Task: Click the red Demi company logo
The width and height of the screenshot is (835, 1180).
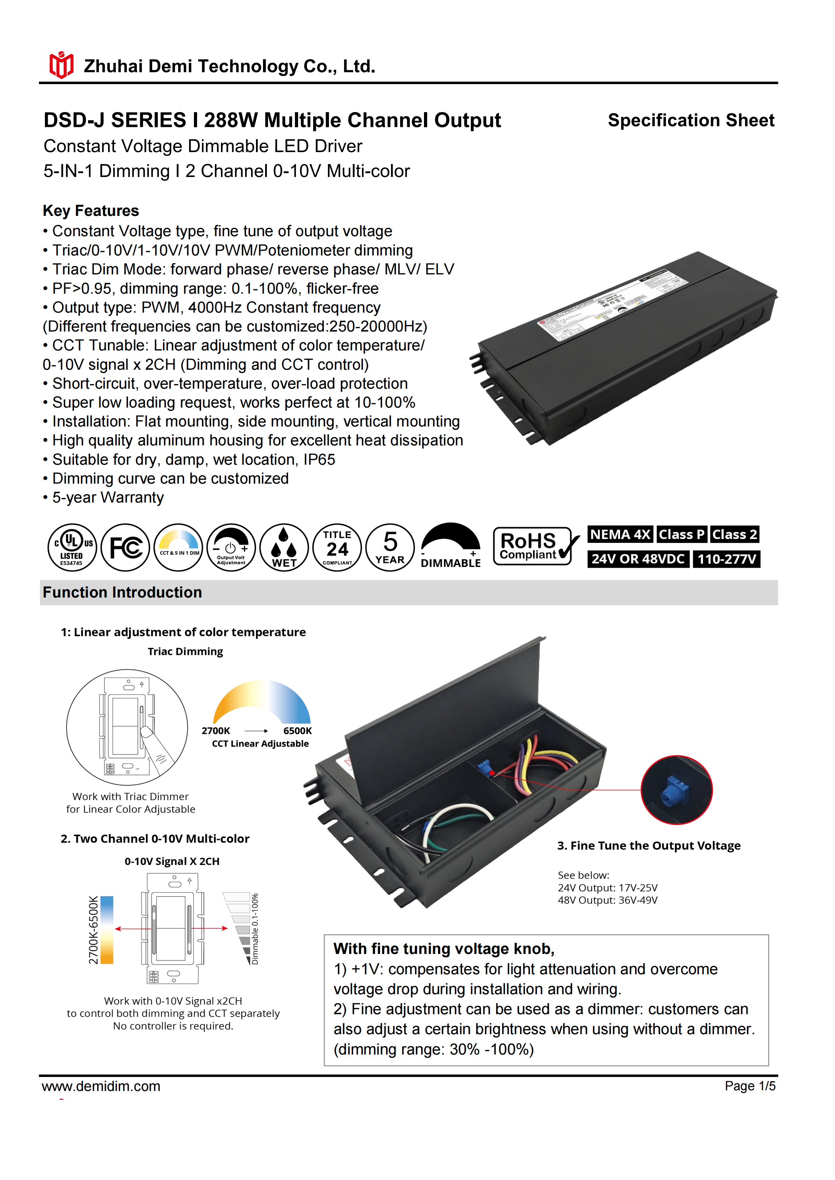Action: [61, 65]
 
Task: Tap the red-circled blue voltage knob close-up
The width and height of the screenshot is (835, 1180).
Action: [676, 790]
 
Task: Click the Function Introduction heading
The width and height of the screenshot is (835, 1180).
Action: [122, 593]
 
